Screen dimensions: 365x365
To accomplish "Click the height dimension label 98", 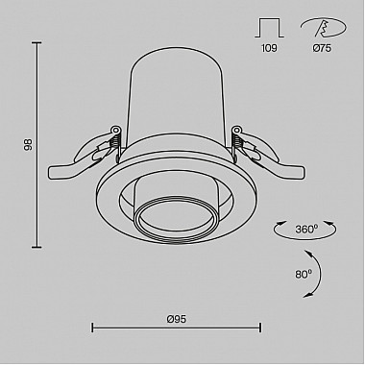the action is pos(29,145).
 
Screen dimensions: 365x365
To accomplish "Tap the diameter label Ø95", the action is pos(177,319).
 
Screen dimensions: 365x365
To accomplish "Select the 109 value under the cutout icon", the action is pos(269,48).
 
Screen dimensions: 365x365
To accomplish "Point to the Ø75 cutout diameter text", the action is pos(322,48).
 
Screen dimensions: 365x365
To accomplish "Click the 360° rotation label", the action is pos(306,230).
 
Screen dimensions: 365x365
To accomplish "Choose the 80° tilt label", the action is pos(304,274).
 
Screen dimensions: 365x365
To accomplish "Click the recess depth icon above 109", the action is pos(269,28).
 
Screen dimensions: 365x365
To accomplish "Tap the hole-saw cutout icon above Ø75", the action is pos(324,27).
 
